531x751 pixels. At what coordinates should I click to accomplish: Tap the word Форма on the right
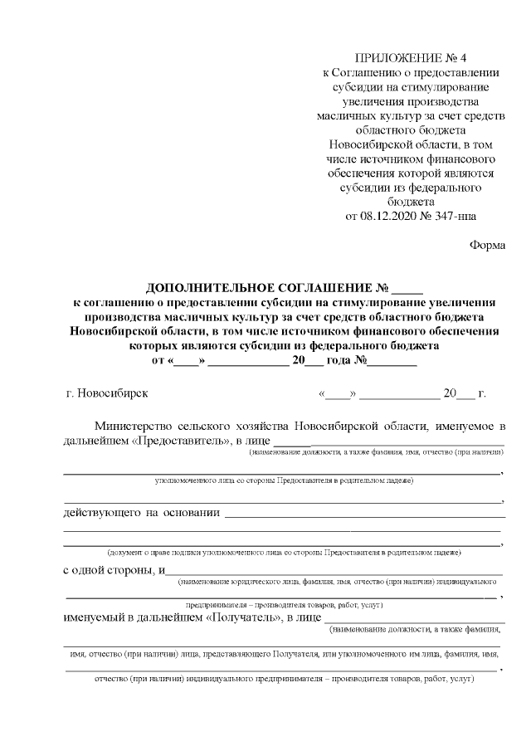tap(487, 245)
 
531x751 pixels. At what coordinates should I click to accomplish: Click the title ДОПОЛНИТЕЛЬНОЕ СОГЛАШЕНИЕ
tap(260, 288)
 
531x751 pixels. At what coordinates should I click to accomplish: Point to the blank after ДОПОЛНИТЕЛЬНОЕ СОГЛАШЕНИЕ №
tap(407, 290)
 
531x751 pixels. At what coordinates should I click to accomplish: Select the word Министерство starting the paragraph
tap(134, 425)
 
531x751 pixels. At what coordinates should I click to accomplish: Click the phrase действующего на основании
tap(141, 513)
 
